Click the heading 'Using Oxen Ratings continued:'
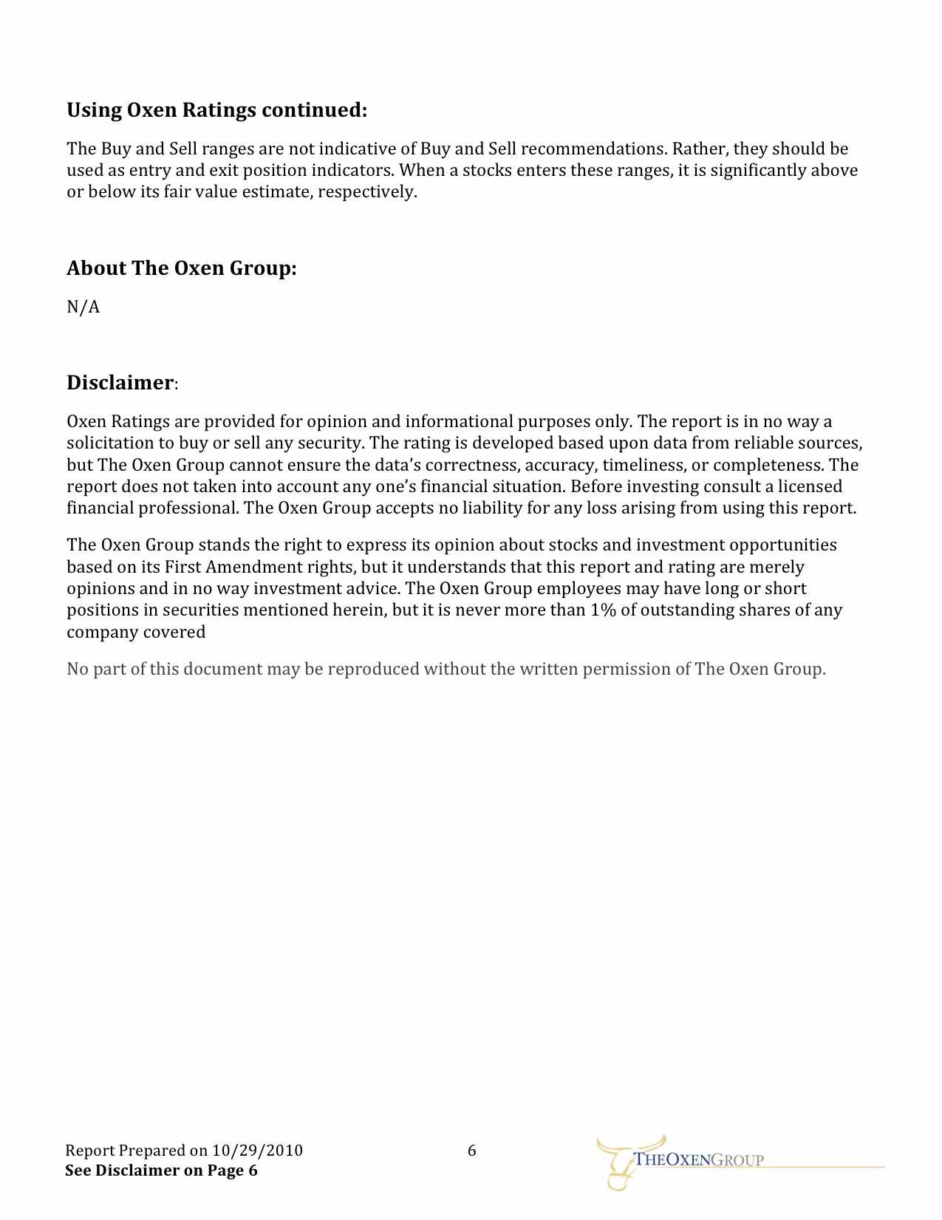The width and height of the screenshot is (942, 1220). [216, 111]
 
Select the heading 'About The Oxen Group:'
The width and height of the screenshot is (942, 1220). [181, 268]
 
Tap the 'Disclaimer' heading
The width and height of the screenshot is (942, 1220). [120, 383]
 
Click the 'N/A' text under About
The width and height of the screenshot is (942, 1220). [83, 307]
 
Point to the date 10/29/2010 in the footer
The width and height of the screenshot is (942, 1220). [257, 1151]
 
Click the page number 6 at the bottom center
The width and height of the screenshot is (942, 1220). [472, 1151]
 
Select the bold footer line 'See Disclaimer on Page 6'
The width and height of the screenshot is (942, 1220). [161, 1170]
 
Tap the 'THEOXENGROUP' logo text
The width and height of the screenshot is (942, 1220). [699, 1160]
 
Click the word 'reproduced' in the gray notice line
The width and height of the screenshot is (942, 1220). [373, 669]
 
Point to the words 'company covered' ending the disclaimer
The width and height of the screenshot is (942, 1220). [136, 633]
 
